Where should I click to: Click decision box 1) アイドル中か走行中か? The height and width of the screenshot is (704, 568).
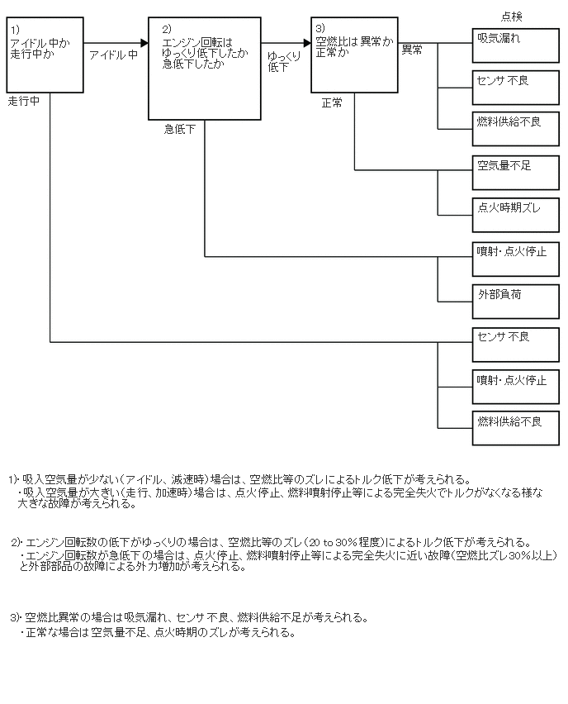point(45,56)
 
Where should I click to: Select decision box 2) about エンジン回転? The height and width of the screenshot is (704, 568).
point(205,69)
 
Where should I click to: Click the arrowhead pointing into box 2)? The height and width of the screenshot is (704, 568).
point(143,42)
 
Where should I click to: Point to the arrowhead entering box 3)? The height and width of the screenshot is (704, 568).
point(306,42)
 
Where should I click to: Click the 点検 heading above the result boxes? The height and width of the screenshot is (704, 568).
point(512,16)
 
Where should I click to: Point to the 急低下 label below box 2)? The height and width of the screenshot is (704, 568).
point(179,129)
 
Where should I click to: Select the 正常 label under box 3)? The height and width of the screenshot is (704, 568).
point(332,102)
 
